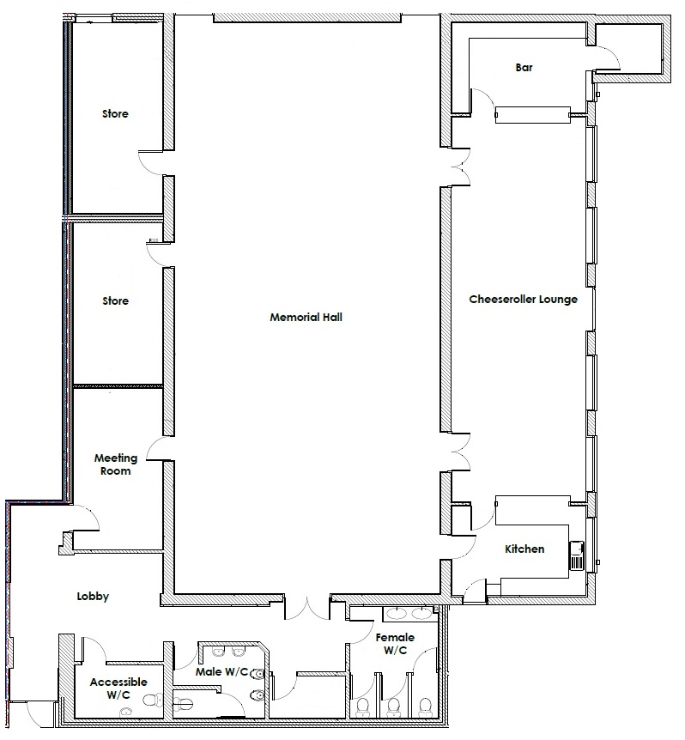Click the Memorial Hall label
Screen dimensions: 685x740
coord(306,317)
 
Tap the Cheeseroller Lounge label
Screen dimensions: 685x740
coord(523,300)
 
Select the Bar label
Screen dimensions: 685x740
coord(524,68)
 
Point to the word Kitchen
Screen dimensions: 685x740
coord(524,549)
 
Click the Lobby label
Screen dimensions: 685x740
coord(93,597)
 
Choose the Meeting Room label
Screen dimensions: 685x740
coord(116,464)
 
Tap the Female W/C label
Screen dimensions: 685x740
coord(395,644)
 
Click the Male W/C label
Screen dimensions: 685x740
coord(221,671)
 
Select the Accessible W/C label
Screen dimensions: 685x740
coord(118,688)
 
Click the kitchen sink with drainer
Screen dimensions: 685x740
coord(577,555)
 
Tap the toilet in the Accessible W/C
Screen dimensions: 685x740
coord(153,700)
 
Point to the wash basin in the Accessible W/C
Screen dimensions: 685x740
coord(125,711)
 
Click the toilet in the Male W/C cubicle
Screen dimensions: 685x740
coord(183,705)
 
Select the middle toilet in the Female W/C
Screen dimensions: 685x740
coord(393,707)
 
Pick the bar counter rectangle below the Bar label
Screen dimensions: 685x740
coord(532,115)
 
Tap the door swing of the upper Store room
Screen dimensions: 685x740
coord(150,162)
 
